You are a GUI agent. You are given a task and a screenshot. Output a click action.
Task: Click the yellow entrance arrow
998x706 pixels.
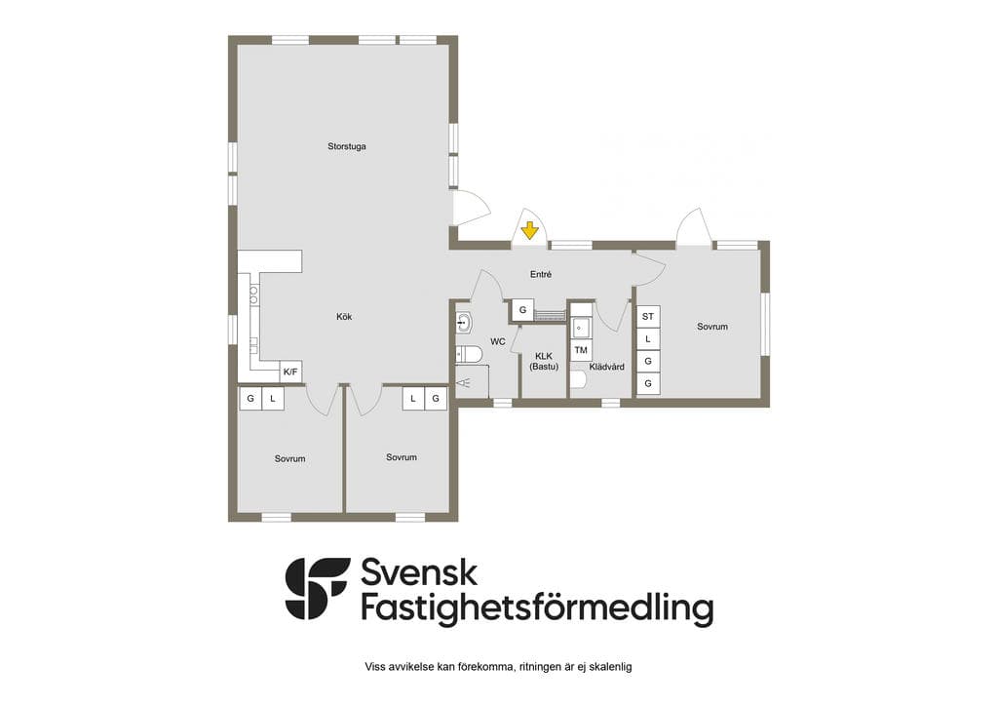[x=529, y=230]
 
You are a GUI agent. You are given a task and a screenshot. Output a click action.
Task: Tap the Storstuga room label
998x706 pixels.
[x=347, y=146]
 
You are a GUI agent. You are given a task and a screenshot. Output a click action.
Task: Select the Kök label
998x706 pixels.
[x=344, y=316]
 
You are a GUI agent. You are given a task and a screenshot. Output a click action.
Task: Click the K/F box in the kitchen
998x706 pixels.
[x=290, y=372]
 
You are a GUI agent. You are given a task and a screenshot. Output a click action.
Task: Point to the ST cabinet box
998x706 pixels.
[x=648, y=316]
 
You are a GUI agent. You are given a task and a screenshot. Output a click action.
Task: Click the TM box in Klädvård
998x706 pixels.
[x=581, y=350]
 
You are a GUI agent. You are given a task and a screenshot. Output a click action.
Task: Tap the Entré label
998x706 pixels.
[x=541, y=274]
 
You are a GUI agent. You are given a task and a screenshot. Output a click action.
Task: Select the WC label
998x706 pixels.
[x=498, y=342]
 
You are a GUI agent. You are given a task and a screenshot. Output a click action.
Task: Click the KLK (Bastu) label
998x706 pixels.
[x=544, y=362]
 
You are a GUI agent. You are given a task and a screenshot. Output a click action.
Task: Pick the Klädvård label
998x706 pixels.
[x=606, y=367]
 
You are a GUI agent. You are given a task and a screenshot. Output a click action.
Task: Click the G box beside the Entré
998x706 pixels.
[x=522, y=310]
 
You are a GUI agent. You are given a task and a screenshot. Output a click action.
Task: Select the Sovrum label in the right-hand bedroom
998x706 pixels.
[x=712, y=327]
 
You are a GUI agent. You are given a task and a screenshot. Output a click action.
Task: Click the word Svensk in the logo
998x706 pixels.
[x=419, y=572]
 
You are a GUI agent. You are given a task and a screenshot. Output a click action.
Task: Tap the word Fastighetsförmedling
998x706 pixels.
[x=537, y=608]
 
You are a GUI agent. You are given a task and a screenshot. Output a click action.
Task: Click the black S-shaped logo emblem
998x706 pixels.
[x=317, y=589]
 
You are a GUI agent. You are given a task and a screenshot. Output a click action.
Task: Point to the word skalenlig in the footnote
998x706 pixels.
[x=611, y=667]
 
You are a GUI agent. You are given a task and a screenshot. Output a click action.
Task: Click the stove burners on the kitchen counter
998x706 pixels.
[x=253, y=294]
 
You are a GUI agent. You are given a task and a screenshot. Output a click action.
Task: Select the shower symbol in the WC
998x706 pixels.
[x=465, y=382]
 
